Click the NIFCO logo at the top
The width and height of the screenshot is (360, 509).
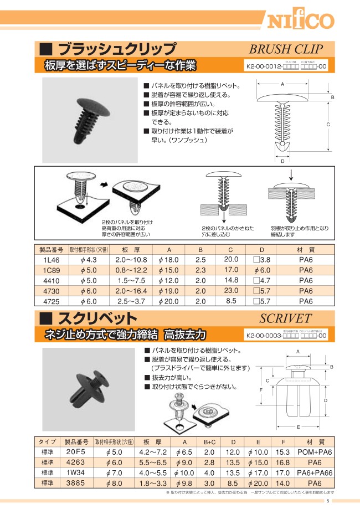pos(302,20)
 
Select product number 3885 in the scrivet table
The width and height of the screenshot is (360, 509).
pos(74,484)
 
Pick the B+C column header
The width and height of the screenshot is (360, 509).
pos(209,442)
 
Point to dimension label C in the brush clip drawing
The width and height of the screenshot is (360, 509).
pos(328,125)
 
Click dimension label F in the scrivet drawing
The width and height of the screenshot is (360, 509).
pos(261,390)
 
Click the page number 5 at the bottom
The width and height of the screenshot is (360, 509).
pos(328,501)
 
